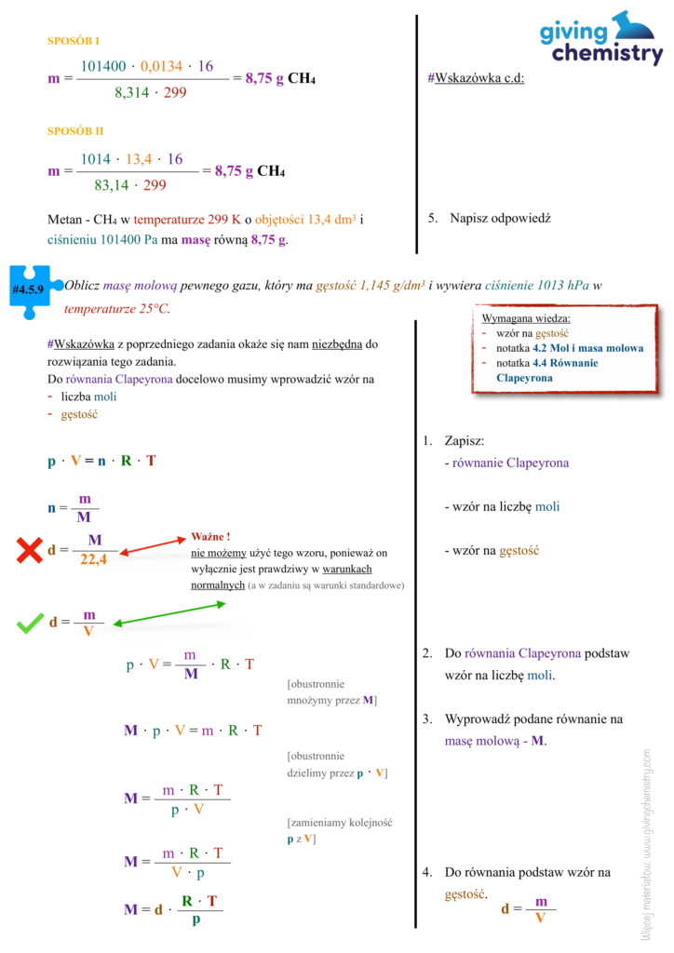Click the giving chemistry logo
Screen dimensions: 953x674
coord(600,40)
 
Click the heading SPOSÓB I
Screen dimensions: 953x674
coord(74,41)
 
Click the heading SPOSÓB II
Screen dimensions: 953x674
coord(75,131)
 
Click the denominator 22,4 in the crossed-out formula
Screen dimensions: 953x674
coord(94,560)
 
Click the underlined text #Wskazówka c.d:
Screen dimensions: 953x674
coord(476,78)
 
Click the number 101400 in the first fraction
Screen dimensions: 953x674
coord(103,66)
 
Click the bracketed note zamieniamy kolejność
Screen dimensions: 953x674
coord(341,823)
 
